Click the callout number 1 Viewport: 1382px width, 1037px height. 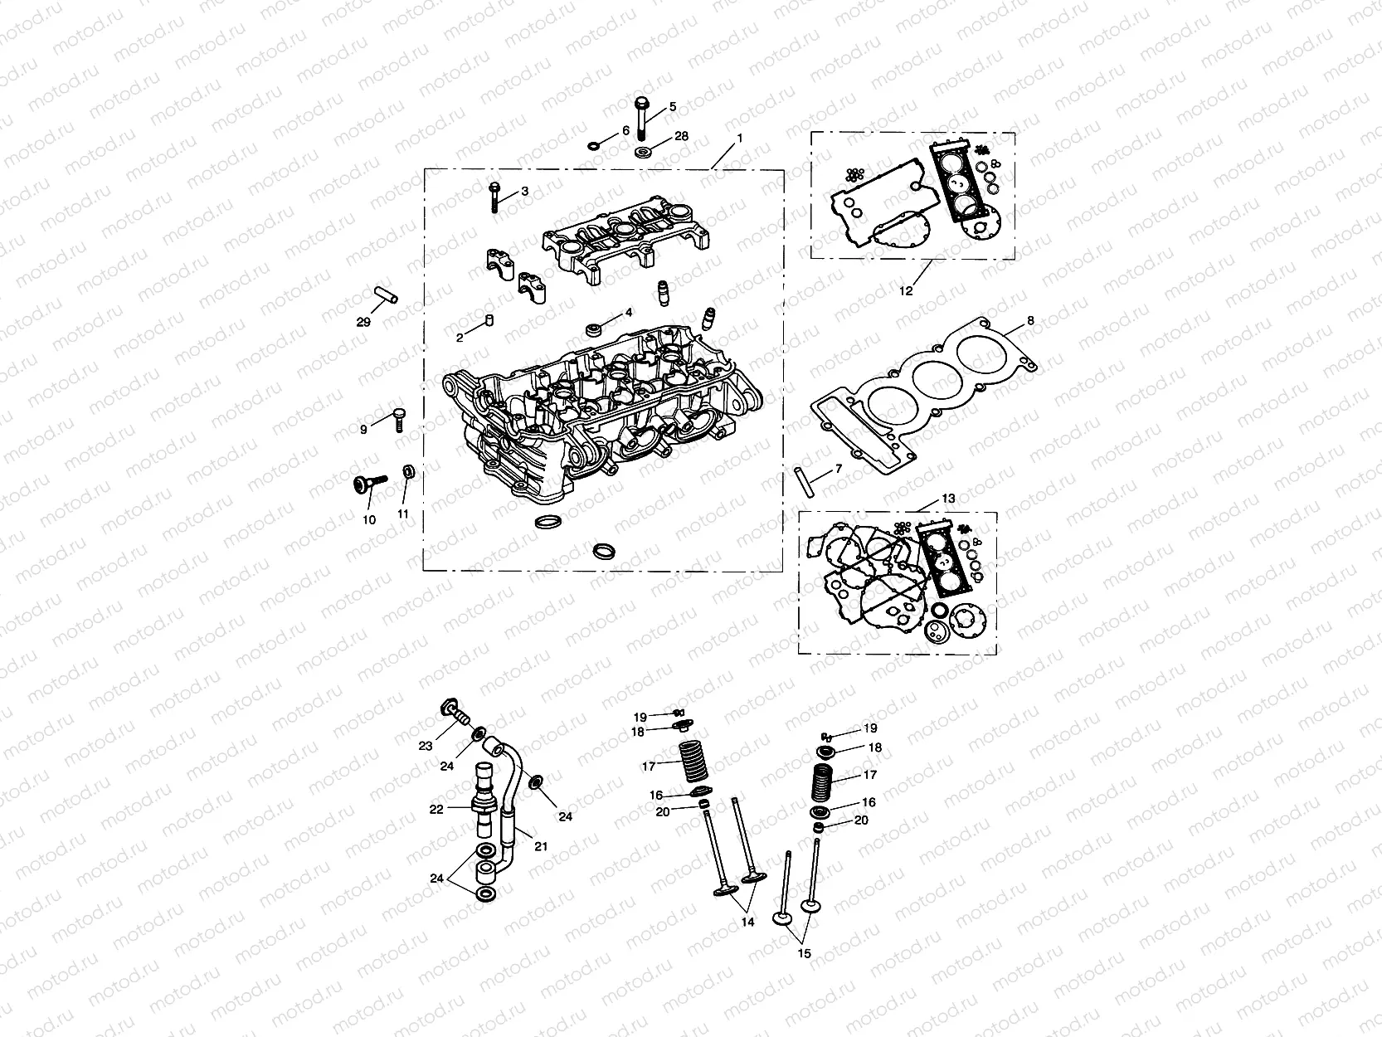[x=739, y=137]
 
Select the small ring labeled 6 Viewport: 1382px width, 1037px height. [x=595, y=147]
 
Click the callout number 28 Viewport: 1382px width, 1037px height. [x=681, y=136]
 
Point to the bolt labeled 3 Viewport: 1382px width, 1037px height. [x=494, y=197]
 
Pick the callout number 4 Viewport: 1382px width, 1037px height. [x=629, y=313]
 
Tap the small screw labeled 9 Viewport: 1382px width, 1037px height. [x=397, y=418]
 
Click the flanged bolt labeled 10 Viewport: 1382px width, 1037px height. [x=370, y=484]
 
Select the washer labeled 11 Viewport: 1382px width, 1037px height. [x=408, y=472]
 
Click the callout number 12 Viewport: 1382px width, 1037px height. [x=906, y=291]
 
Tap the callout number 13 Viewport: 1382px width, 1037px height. [x=948, y=499]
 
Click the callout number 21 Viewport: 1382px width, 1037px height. [x=540, y=847]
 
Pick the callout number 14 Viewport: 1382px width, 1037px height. [x=748, y=923]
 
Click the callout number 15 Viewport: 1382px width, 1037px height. [x=803, y=954]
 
